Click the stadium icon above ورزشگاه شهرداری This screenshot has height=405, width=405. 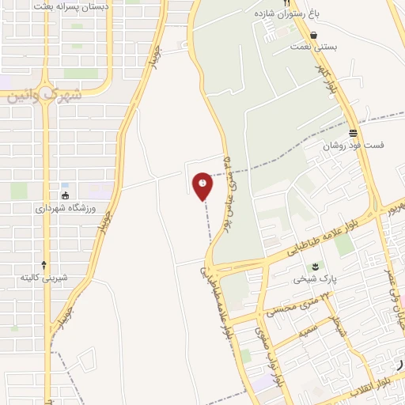65,195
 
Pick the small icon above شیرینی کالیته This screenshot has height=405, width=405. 44,264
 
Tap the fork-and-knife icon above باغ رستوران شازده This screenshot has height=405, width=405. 286,3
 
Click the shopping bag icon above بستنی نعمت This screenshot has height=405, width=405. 315,35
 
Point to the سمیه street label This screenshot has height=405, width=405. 307,325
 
